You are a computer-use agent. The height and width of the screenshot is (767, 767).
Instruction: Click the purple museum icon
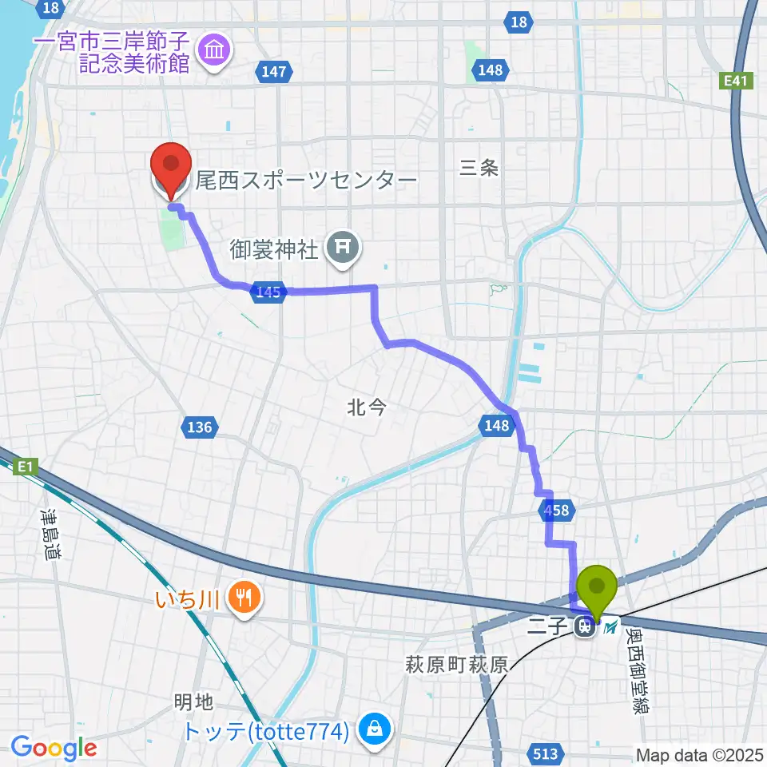[x=215, y=52]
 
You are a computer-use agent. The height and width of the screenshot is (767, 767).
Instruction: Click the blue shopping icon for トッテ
[x=373, y=729]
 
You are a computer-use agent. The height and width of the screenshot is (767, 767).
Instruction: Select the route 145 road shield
[x=269, y=292]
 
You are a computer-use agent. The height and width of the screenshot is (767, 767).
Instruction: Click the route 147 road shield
[x=272, y=72]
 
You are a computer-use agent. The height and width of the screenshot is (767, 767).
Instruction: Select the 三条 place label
[x=479, y=168]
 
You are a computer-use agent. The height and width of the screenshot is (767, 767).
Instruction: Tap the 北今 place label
[x=367, y=408]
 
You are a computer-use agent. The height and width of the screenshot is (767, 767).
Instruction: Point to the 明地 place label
[x=193, y=702]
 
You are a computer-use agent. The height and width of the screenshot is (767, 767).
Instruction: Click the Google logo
[x=54, y=748]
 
